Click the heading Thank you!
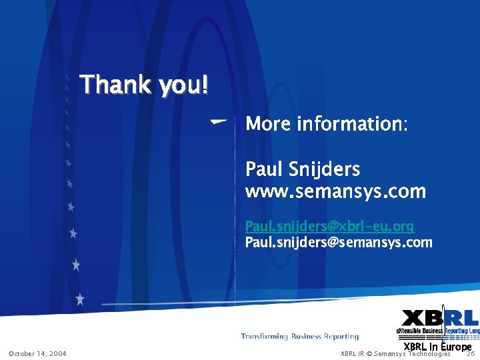click(x=144, y=85)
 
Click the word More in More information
click(x=269, y=124)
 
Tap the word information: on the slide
click(x=352, y=124)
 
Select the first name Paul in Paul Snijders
click(x=265, y=169)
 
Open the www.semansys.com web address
click(x=335, y=192)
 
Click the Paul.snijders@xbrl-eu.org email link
click(x=329, y=227)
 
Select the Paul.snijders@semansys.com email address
click(x=339, y=243)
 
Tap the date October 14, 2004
click(x=37, y=353)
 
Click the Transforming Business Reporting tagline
click(x=299, y=337)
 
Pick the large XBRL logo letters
click(x=440, y=318)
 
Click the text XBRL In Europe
click(x=437, y=347)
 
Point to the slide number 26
click(x=470, y=353)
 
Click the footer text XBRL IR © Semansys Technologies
click(x=395, y=353)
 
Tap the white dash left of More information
click(x=218, y=121)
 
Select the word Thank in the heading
click(x=116, y=85)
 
